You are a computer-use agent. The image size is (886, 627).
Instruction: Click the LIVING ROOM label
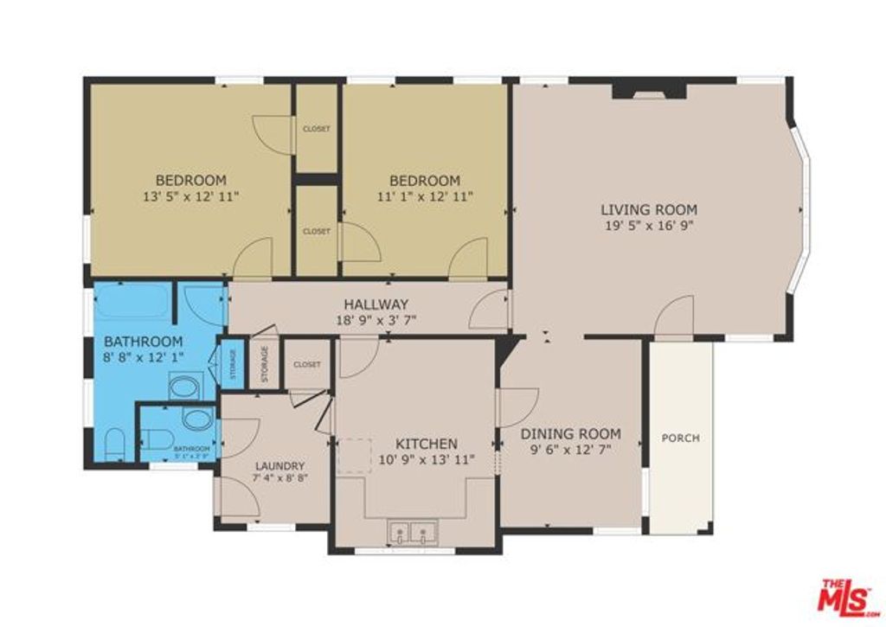point(649,209)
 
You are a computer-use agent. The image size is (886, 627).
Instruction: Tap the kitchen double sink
point(413,532)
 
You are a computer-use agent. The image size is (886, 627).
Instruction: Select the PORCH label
point(680,438)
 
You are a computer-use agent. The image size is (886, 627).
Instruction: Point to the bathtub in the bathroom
point(132,302)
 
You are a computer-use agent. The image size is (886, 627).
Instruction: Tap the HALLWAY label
point(376,304)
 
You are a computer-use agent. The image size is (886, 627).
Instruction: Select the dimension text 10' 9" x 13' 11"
point(427,459)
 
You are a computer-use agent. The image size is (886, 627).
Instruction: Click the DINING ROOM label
point(570,433)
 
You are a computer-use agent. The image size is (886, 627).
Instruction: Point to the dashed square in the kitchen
point(353,455)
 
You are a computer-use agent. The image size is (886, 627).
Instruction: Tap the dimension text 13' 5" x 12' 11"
point(190,196)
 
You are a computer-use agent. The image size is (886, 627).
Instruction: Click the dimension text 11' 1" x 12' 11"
point(424,196)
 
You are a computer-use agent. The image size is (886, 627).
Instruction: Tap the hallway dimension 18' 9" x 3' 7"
point(376,320)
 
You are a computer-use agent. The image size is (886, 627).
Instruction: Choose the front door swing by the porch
point(675,315)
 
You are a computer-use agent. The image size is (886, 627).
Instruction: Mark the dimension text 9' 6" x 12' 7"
point(570,449)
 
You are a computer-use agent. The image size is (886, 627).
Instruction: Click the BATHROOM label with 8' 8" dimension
point(144,341)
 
